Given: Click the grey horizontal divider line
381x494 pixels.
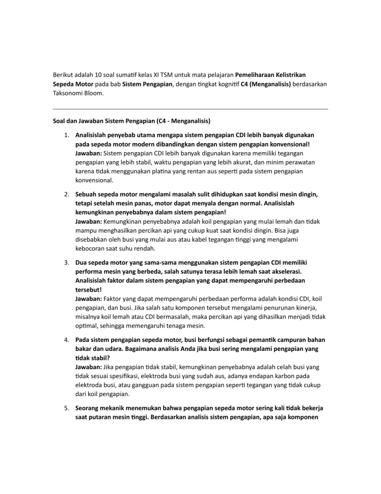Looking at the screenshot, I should point(190,109).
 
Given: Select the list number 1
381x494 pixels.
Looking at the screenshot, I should point(66,135).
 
